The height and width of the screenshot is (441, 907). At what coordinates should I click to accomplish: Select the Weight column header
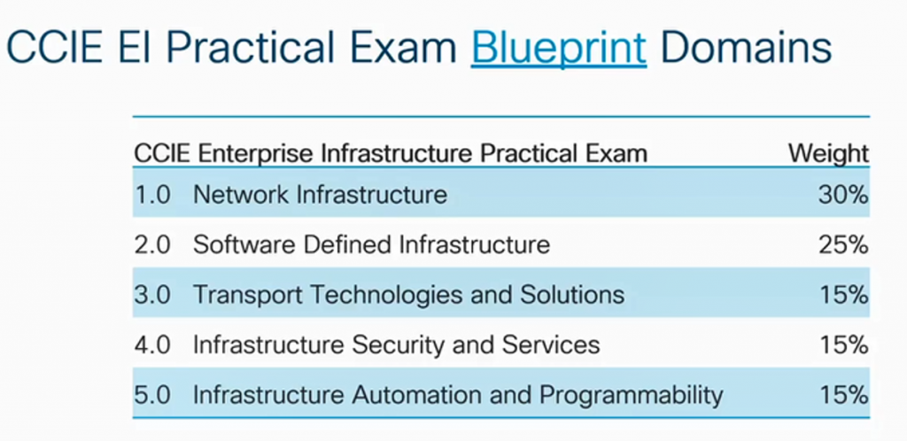click(828, 153)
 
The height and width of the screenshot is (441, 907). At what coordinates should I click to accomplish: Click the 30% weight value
click(843, 194)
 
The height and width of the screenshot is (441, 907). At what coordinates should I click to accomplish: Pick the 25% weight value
click(843, 244)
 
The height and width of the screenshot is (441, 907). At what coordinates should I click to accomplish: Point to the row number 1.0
click(152, 194)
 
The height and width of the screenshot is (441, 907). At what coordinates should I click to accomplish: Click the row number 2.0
click(152, 244)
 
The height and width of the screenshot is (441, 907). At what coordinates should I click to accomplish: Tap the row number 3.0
click(152, 295)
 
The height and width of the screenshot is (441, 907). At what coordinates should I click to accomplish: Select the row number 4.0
click(152, 344)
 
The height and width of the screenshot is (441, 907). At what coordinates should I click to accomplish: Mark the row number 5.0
click(152, 395)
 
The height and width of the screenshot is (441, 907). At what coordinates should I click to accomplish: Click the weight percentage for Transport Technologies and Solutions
click(843, 295)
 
